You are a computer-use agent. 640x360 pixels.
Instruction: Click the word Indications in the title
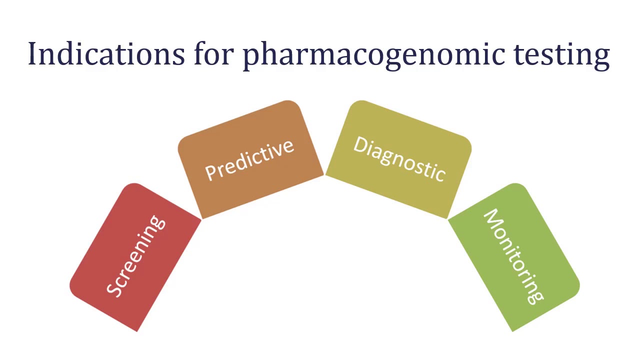tap(105, 54)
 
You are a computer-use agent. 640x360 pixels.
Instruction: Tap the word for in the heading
tap(213, 54)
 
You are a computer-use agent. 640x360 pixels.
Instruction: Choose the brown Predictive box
tap(250, 159)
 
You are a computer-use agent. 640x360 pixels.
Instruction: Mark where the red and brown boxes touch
tap(201, 219)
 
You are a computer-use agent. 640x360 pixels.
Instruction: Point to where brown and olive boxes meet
tap(324, 175)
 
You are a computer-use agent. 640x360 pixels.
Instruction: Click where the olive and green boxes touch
tap(448, 219)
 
